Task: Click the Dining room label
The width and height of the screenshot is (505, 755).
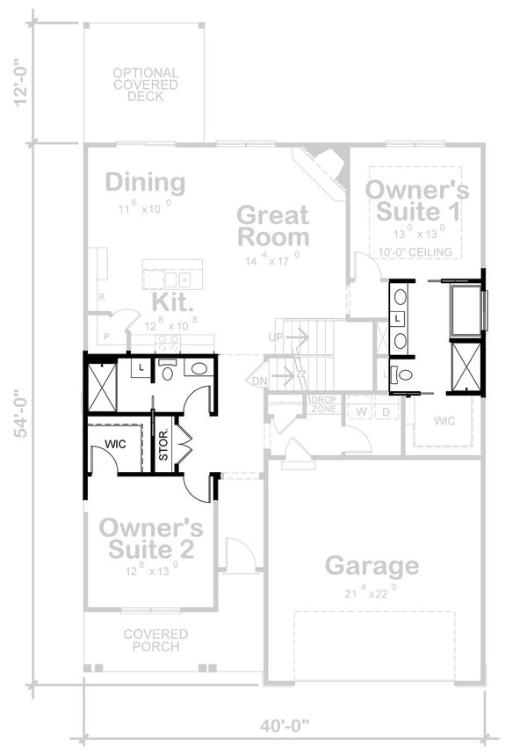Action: click(x=145, y=183)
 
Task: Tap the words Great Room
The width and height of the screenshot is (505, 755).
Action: click(x=273, y=226)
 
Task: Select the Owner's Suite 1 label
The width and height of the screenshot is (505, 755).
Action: click(x=416, y=200)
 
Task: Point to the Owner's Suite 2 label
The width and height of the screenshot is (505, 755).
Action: click(x=151, y=538)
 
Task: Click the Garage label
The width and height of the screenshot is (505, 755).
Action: click(x=372, y=565)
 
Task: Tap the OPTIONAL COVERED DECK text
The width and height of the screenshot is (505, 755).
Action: click(x=145, y=84)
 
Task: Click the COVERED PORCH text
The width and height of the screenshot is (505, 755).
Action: click(x=155, y=640)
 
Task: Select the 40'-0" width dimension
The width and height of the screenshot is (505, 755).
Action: click(x=284, y=726)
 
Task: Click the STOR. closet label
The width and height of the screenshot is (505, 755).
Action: click(x=163, y=446)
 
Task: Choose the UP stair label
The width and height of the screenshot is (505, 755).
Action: click(x=276, y=338)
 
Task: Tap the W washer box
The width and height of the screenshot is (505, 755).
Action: click(x=360, y=411)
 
